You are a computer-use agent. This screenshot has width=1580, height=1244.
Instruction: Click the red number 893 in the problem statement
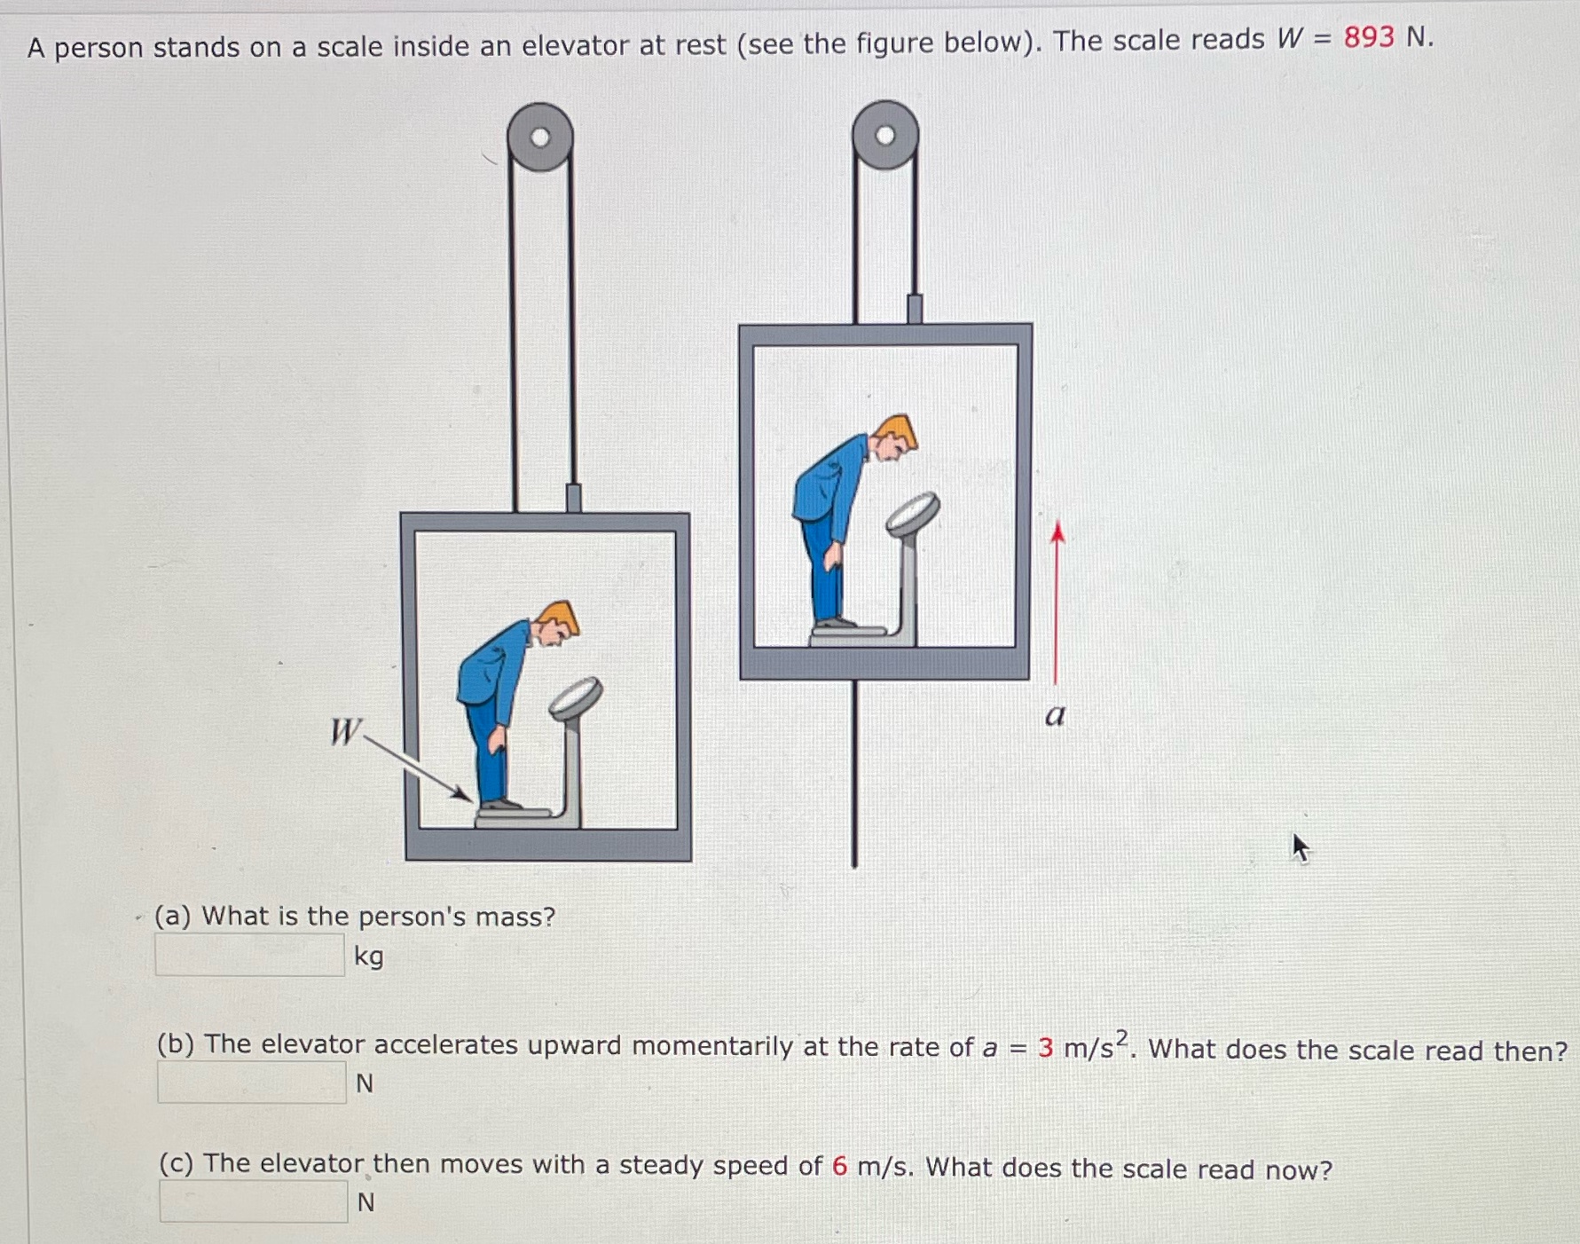pos(1368,37)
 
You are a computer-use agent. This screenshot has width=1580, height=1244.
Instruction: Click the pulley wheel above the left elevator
pos(539,137)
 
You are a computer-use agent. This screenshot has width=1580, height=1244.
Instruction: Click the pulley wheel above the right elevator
pos(884,135)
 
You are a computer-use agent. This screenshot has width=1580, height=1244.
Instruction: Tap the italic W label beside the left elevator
pos(344,732)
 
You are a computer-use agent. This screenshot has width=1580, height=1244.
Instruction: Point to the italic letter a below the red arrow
pos(1055,714)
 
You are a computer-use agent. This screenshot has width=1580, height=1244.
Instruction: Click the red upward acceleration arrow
pos(1056,603)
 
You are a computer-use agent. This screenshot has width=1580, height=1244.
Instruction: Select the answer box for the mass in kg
pos(249,955)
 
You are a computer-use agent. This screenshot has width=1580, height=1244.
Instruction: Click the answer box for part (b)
pos(251,1083)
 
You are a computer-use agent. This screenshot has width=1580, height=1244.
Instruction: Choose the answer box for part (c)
pos(253,1201)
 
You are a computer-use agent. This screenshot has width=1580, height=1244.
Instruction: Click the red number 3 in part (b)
pos(1045,1048)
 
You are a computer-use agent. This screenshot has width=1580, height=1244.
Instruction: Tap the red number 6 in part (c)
pos(839,1165)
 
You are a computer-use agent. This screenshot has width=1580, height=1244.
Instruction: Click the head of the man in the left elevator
pos(557,621)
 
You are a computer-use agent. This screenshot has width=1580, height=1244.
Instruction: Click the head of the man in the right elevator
pos(895,437)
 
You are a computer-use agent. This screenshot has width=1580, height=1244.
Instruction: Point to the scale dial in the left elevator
pos(575,697)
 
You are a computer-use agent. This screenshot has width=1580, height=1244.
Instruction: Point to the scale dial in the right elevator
pos(913,513)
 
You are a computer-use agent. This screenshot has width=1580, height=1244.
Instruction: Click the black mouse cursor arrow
pos(1300,847)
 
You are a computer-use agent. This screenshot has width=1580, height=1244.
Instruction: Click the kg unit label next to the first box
pos(369,957)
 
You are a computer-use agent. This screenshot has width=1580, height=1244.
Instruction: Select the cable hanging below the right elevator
pos(853,772)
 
